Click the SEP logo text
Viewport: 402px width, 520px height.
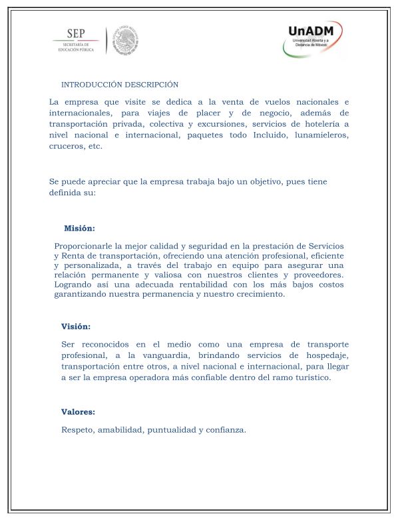76,34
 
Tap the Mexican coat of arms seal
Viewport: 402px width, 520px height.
123,41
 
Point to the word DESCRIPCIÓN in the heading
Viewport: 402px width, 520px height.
152,85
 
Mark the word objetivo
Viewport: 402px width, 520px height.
244,181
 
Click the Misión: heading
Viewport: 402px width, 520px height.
79,228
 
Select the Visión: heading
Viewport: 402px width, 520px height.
76,327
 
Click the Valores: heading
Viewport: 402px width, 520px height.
78,411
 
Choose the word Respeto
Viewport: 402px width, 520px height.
77,429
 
